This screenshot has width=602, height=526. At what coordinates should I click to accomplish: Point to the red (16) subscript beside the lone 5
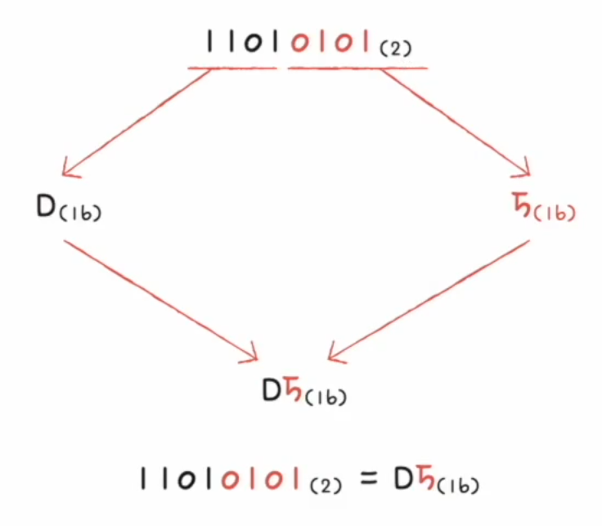pyautogui.click(x=555, y=214)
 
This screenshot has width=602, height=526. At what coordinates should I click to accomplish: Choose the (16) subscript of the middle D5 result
pyautogui.click(x=327, y=398)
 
